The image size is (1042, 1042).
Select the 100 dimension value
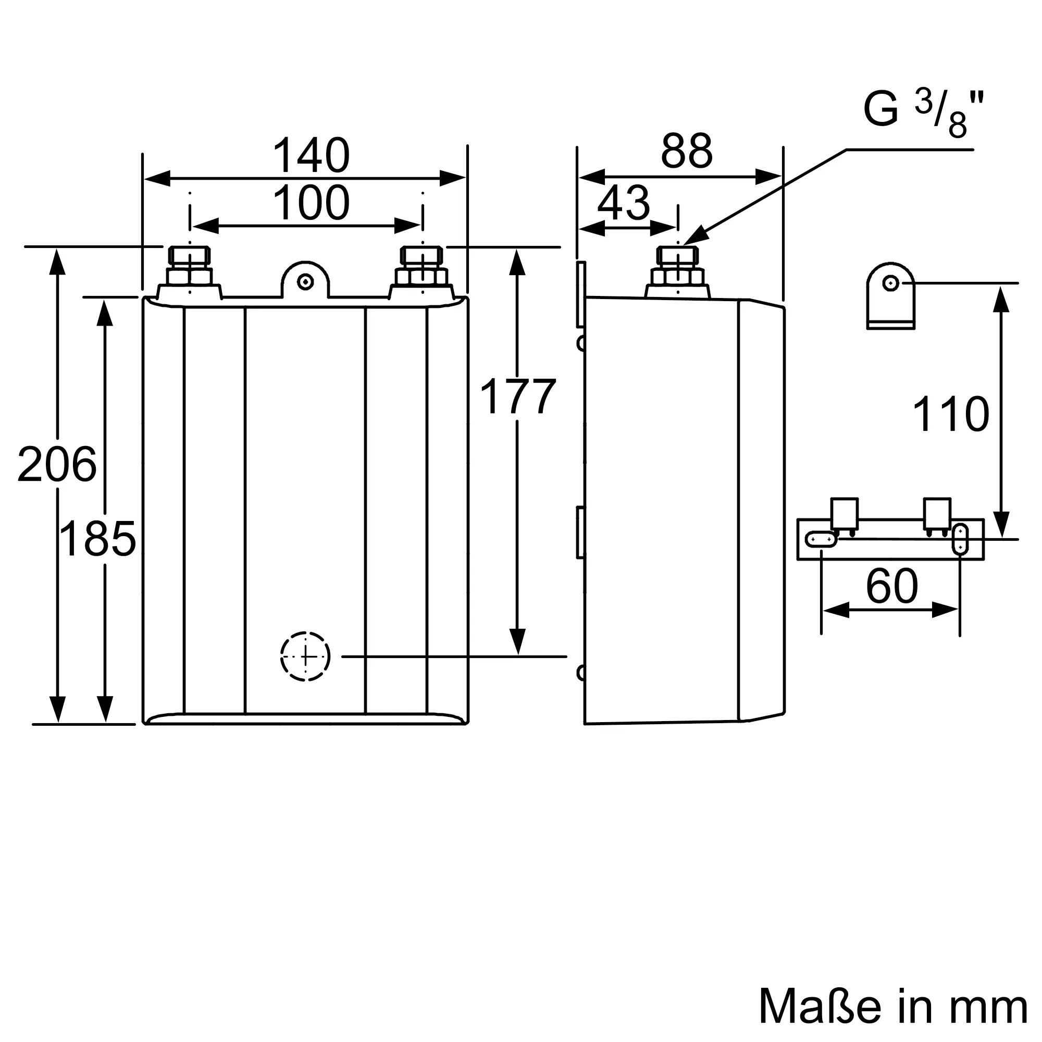(311, 203)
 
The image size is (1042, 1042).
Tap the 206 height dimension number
(57, 464)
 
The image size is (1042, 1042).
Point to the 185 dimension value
(97, 539)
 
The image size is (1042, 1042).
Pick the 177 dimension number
(517, 397)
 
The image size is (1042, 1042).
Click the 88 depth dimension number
(687, 152)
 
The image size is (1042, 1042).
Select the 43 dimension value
(624, 203)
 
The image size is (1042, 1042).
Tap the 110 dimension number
(950, 414)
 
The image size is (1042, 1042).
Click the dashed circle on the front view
(305, 656)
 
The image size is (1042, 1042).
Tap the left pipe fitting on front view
(189, 272)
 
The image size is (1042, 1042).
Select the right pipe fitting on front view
(422, 272)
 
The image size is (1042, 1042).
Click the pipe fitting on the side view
(677, 272)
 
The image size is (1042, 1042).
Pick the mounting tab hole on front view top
(305, 281)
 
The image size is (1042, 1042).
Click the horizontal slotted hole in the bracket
(821, 539)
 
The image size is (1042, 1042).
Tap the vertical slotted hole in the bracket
(961, 539)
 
